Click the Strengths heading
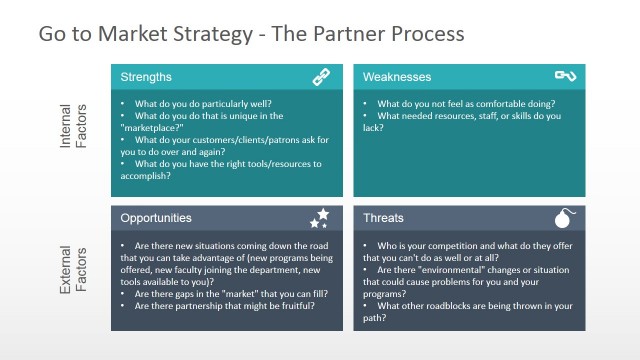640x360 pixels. (x=146, y=77)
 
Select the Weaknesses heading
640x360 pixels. (x=397, y=77)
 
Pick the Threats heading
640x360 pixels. (x=384, y=218)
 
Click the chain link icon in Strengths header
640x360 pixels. (x=321, y=76)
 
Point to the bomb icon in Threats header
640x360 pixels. (x=565, y=217)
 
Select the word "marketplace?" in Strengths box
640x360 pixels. (x=151, y=128)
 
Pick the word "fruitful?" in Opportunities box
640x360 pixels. (x=291, y=306)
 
